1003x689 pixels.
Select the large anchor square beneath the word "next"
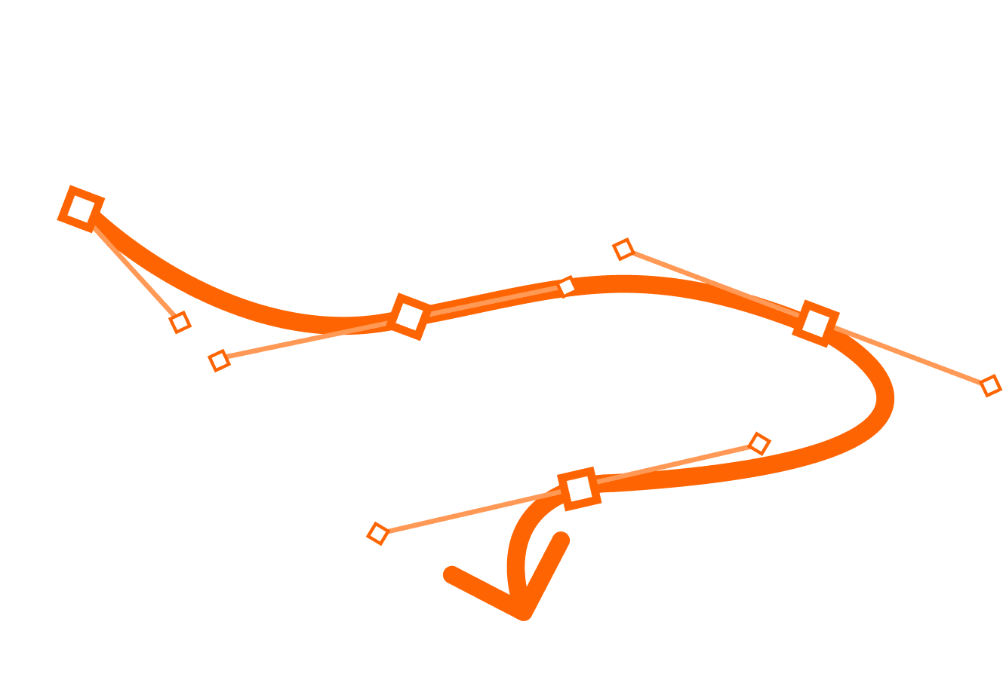(409, 316)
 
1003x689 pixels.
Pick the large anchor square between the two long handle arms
(816, 323)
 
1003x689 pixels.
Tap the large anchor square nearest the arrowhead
(579, 488)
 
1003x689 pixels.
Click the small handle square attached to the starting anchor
(180, 323)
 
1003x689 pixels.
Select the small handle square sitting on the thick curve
(567, 286)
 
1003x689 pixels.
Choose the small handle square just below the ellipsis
(623, 249)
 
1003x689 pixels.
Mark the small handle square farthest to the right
(990, 386)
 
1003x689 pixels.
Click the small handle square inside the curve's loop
(758, 443)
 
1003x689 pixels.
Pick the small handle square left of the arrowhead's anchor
(377, 534)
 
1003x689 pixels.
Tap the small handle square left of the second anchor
(219, 360)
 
